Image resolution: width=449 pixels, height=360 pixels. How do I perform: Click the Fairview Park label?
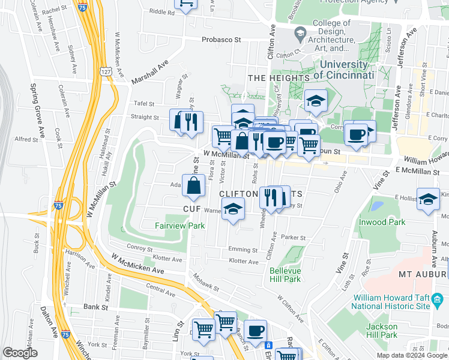(180, 226)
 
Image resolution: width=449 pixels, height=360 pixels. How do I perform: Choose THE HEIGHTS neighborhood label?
(279, 78)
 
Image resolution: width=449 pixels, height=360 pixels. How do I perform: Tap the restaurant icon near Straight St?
(191, 122)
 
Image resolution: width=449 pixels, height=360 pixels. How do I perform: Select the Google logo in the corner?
(20, 353)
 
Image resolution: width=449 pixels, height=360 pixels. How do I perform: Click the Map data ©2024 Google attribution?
(411, 355)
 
